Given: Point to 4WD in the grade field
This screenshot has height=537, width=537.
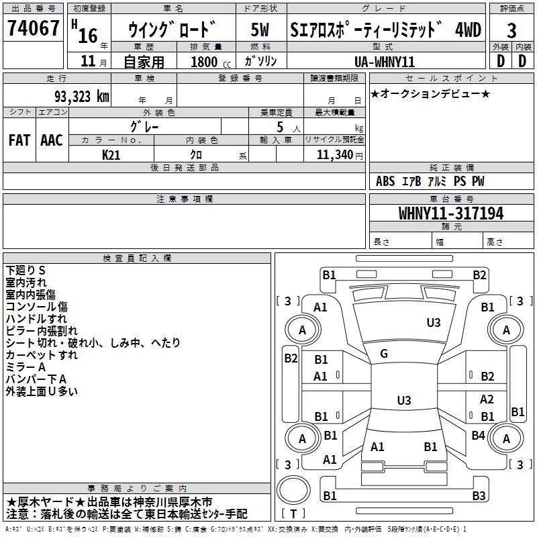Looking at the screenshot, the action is (x=468, y=30).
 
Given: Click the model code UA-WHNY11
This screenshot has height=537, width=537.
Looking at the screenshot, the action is (x=385, y=61).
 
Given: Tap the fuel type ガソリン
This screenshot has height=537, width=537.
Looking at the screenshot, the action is (x=261, y=61).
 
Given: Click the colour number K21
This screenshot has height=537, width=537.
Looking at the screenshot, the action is (x=111, y=154).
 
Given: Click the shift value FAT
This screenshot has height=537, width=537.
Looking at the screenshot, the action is (x=19, y=140).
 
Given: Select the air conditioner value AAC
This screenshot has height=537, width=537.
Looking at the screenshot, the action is (x=52, y=140).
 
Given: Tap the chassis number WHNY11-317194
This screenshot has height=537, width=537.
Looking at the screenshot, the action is (x=451, y=213).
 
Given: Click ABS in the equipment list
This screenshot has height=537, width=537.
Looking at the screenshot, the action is (x=385, y=182).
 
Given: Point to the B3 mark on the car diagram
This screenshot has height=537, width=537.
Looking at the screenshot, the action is (x=478, y=496).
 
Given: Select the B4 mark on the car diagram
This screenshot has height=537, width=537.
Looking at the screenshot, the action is (x=478, y=436).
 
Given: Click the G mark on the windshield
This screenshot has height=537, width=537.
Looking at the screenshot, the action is (x=383, y=354).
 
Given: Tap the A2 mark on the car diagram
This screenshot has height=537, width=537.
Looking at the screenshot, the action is (x=487, y=399).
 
